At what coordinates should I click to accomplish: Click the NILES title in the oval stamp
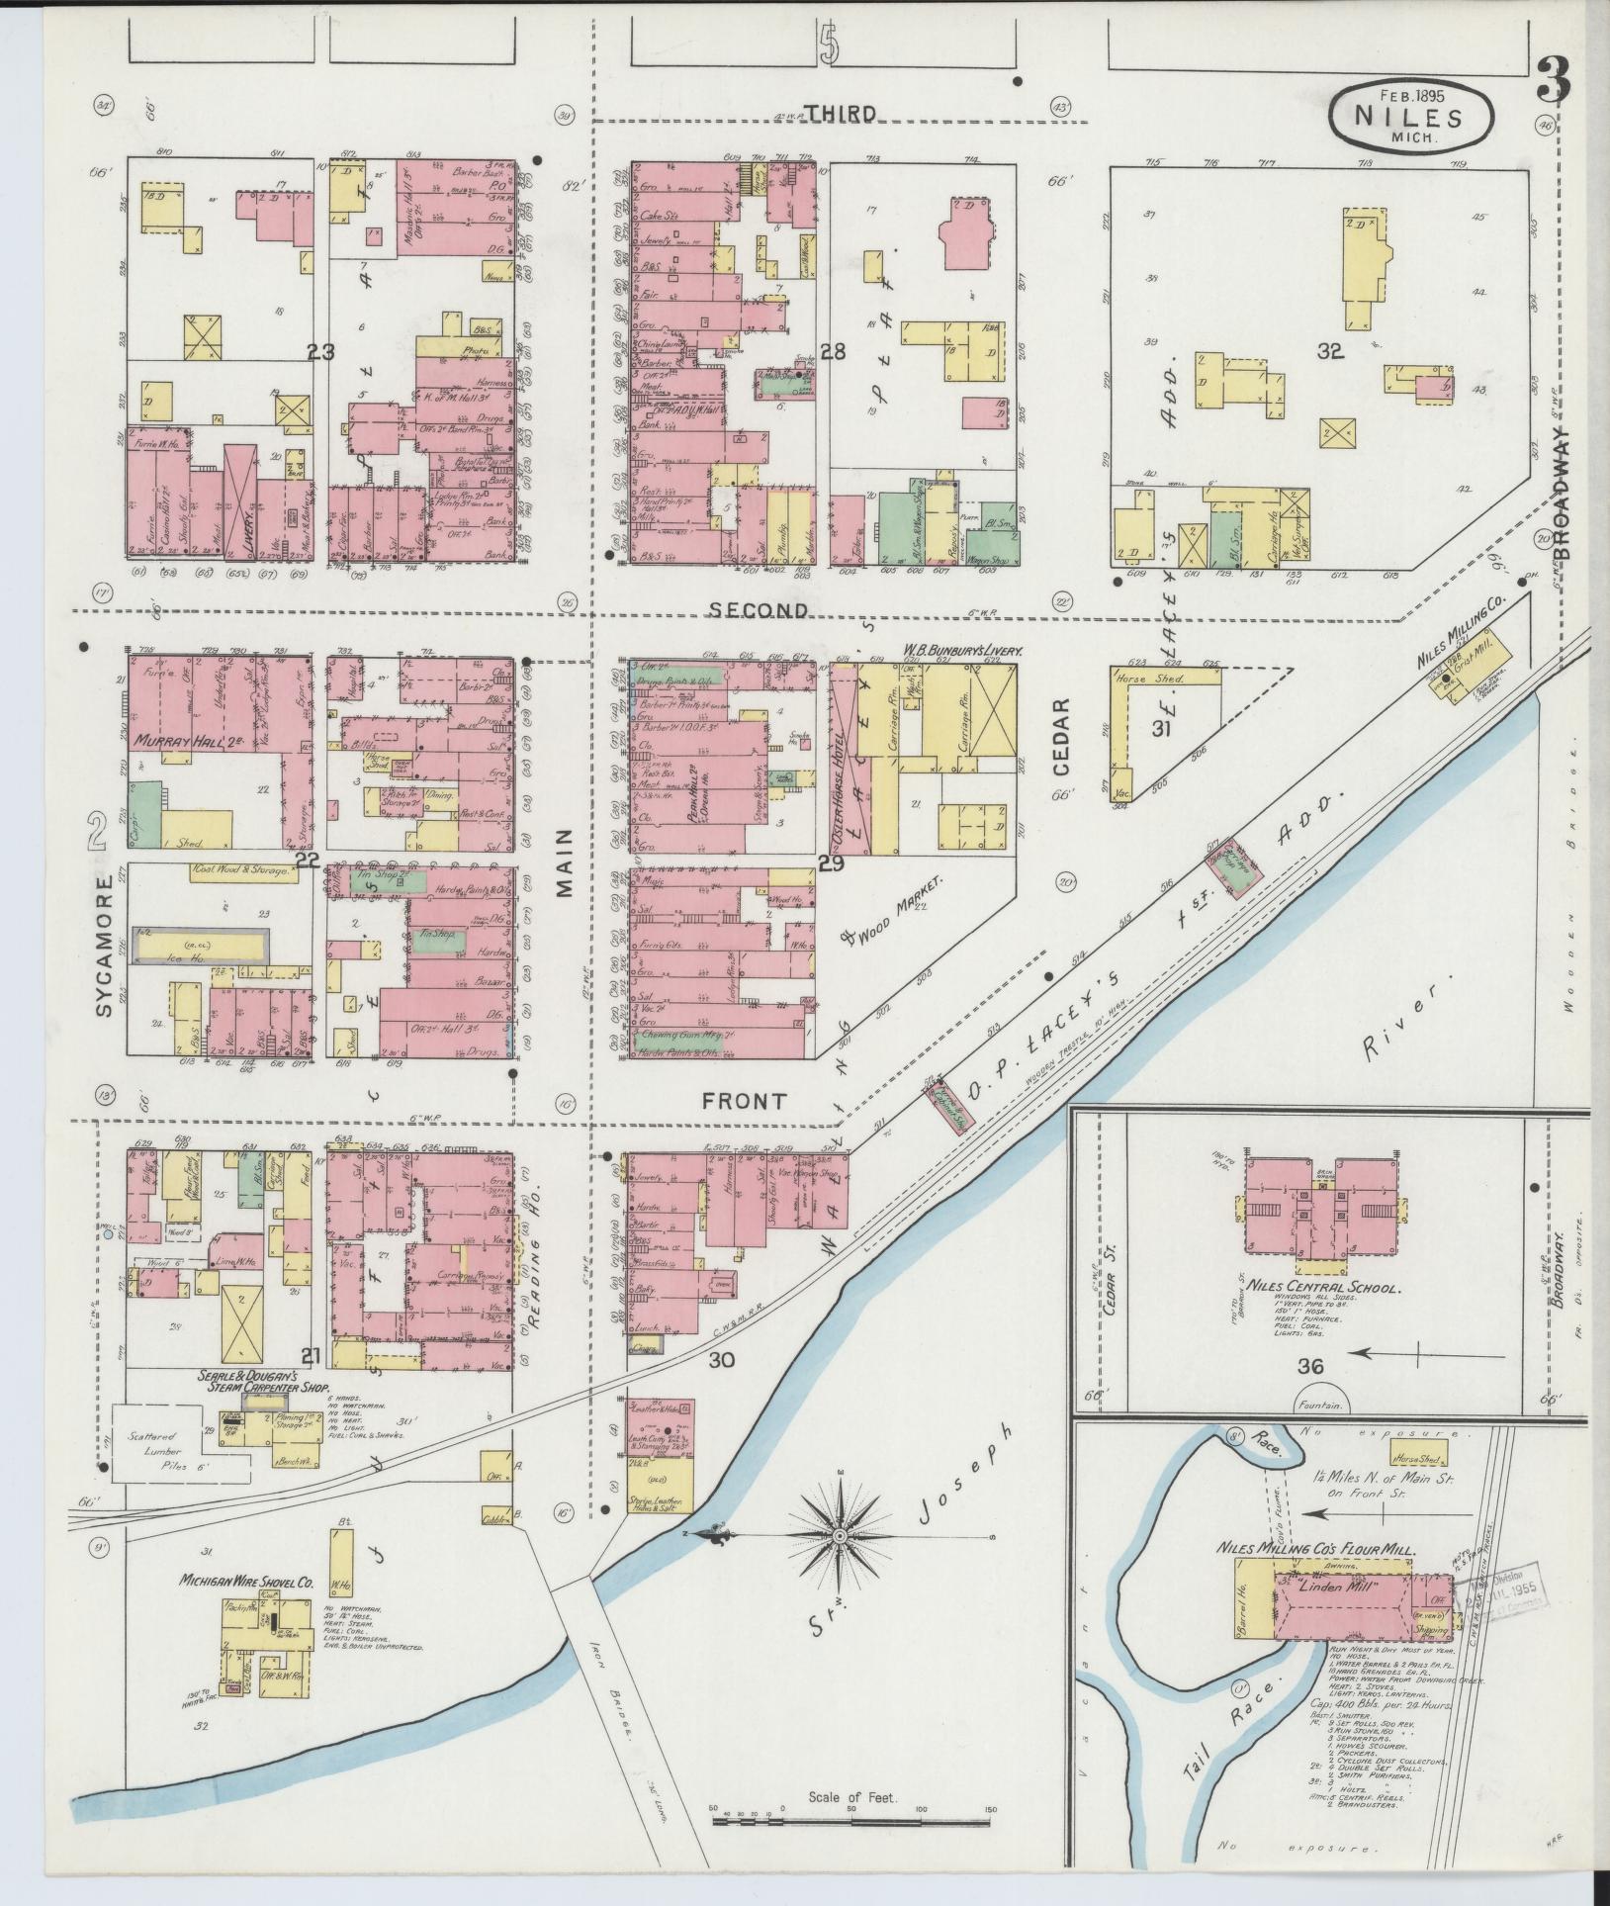tap(1409, 117)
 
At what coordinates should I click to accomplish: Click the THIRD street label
tap(840, 114)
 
